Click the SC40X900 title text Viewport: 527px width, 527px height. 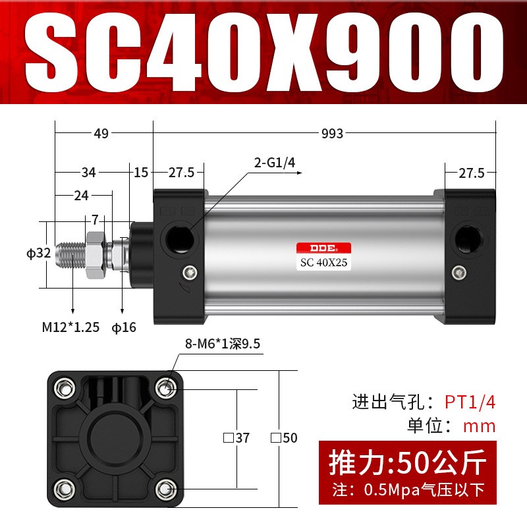(263, 51)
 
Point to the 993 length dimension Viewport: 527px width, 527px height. (333, 134)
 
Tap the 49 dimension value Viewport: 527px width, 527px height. (101, 134)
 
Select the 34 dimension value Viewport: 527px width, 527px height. (88, 173)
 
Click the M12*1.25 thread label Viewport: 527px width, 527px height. (70, 327)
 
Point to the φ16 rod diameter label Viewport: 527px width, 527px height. (123, 327)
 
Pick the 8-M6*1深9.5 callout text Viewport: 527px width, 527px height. (223, 343)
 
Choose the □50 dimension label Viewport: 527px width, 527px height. (284, 437)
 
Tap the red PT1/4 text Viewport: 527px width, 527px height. (470, 401)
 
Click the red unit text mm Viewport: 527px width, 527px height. (480, 426)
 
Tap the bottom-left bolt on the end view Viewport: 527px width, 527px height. (64, 488)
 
